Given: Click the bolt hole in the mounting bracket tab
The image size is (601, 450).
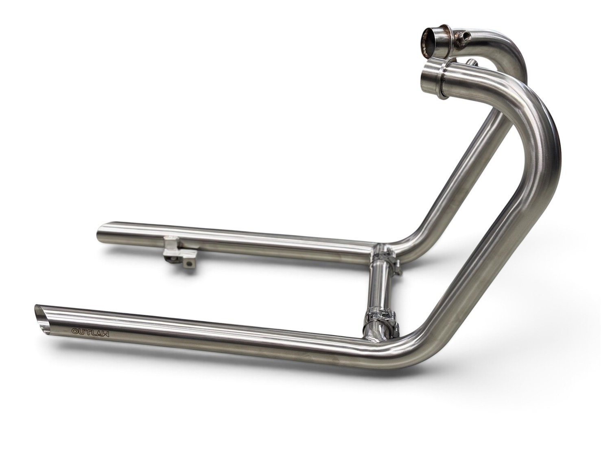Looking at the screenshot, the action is tap(188, 263).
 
